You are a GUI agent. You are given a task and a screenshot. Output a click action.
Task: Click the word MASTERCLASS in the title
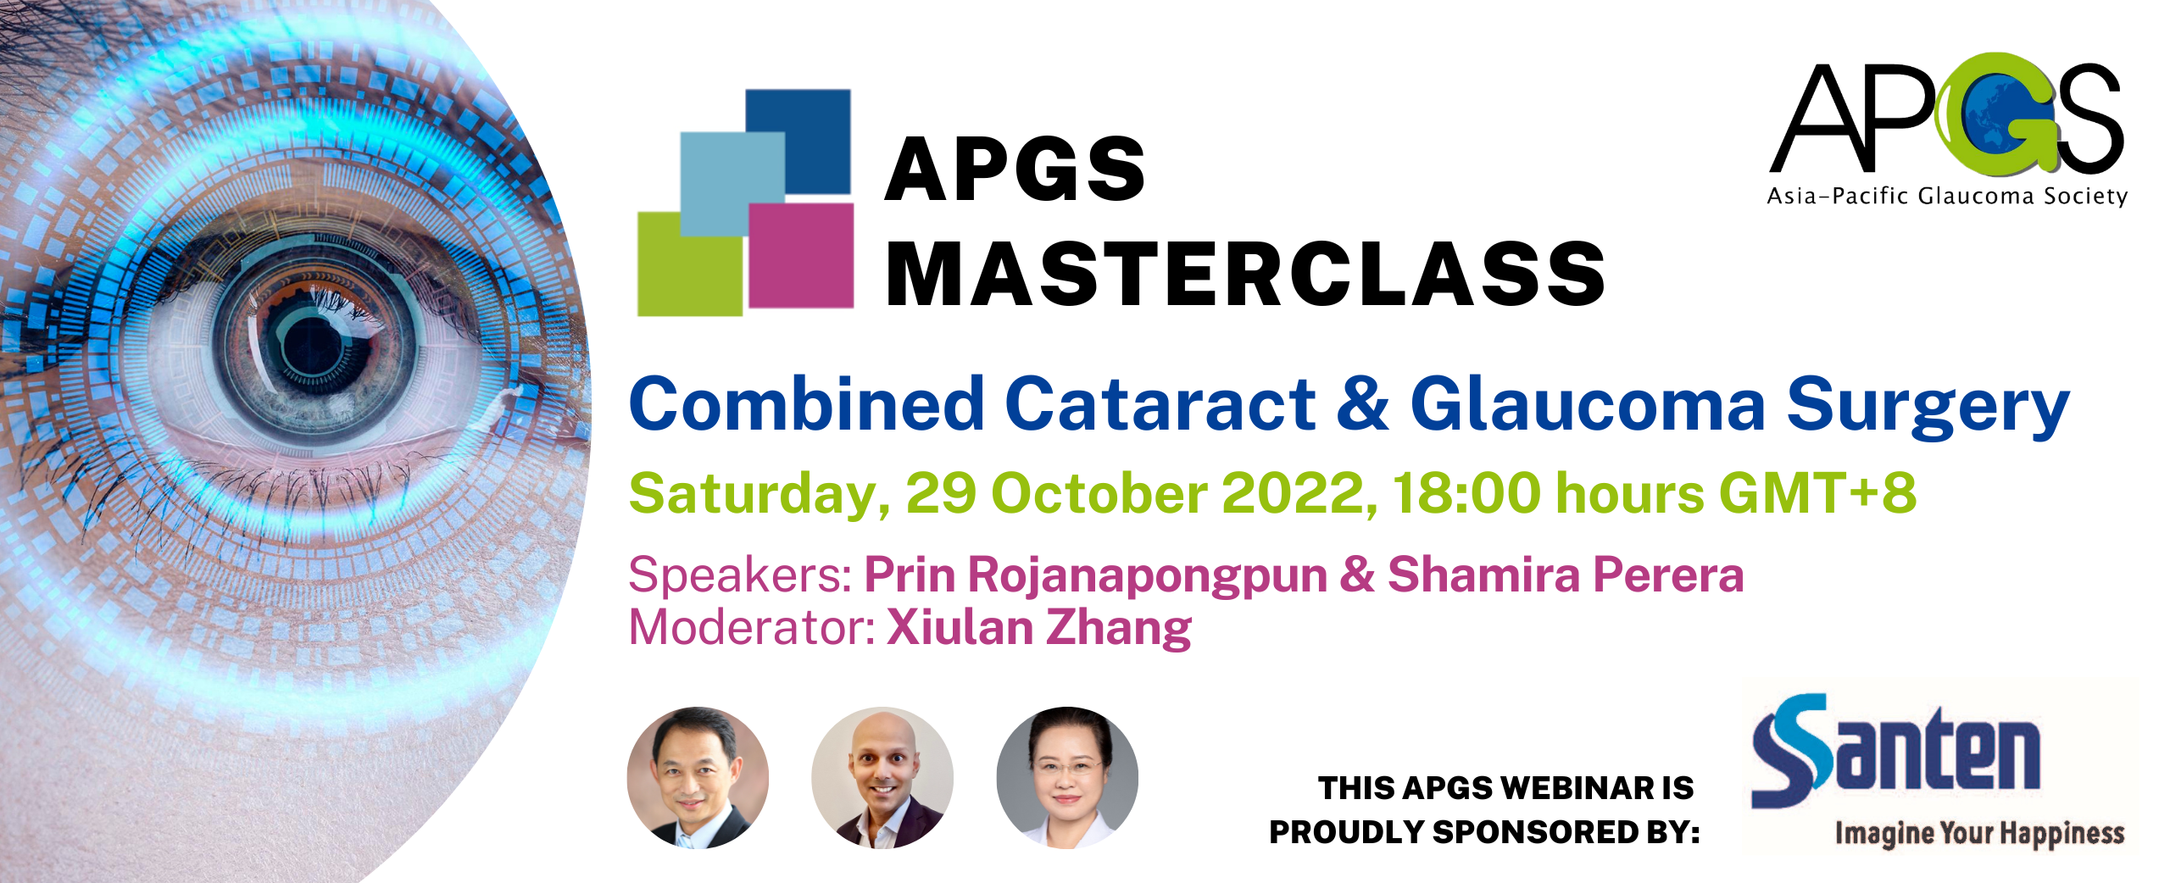[1244, 274]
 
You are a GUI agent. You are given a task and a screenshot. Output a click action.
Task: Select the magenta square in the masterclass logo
[801, 256]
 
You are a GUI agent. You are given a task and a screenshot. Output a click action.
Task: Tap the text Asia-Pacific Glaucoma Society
[1947, 197]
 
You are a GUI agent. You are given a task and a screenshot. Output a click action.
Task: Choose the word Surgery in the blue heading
[1928, 407]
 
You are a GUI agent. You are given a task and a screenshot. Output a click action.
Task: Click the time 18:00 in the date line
[1466, 493]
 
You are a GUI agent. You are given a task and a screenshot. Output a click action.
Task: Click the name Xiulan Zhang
[1038, 628]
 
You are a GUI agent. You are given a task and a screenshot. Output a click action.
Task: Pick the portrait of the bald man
[882, 778]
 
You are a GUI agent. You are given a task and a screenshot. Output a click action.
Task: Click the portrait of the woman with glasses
[1067, 778]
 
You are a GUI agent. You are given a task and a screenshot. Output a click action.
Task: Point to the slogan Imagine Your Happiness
[1979, 834]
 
